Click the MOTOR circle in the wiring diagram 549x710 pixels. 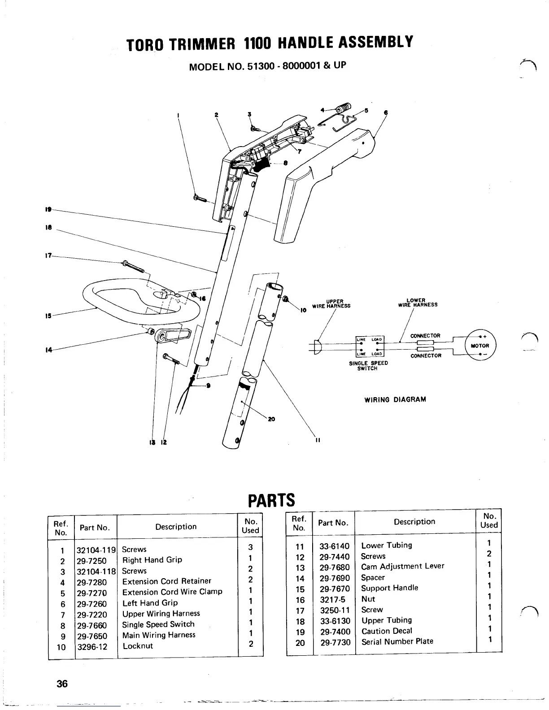[479, 346]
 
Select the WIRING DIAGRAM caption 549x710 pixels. [395, 399]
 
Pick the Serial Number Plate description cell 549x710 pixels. [397, 641]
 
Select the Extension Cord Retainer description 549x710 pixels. [166, 581]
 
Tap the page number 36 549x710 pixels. [62, 684]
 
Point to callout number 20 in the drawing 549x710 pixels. [271, 420]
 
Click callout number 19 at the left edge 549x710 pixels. [48, 209]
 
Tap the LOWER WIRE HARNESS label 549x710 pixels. [417, 303]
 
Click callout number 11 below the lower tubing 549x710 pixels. [317, 440]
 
